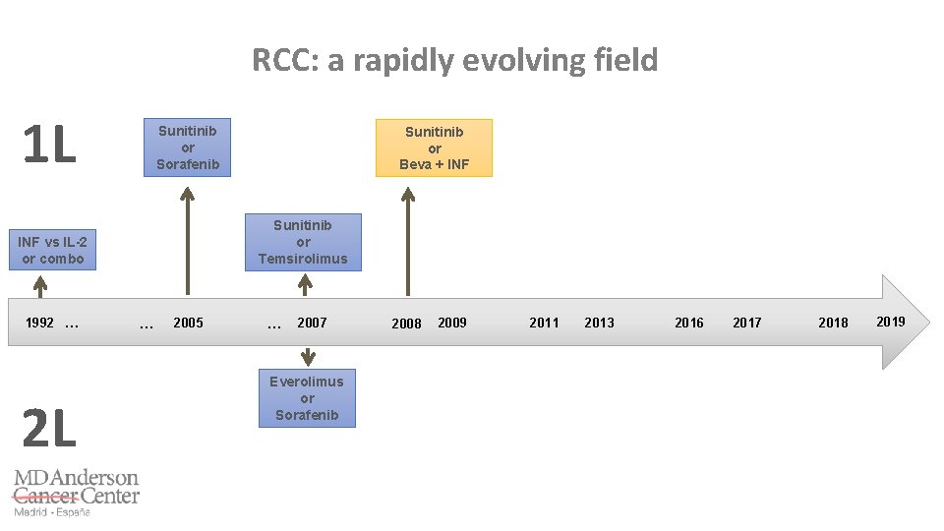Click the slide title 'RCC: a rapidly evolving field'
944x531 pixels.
click(x=454, y=61)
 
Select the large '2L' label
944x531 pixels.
click(x=48, y=429)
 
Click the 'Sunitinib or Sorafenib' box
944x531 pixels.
click(x=188, y=147)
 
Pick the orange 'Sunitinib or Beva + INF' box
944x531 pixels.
click(x=434, y=148)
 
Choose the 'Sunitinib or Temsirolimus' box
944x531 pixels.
click(x=303, y=242)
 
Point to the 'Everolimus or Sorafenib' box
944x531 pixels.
click(x=307, y=398)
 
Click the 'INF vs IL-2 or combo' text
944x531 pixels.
click(x=53, y=251)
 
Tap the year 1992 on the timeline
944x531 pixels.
click(x=40, y=323)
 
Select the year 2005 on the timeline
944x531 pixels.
click(x=188, y=323)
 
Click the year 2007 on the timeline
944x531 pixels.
click(x=312, y=323)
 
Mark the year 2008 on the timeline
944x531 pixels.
click(x=406, y=324)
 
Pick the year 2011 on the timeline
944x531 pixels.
click(x=544, y=323)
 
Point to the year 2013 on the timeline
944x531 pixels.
click(x=599, y=323)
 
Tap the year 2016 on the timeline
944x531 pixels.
click(x=689, y=323)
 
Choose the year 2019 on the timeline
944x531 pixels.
click(x=891, y=322)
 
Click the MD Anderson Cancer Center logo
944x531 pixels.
click(x=76, y=492)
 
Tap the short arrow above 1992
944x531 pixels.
click(x=40, y=285)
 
